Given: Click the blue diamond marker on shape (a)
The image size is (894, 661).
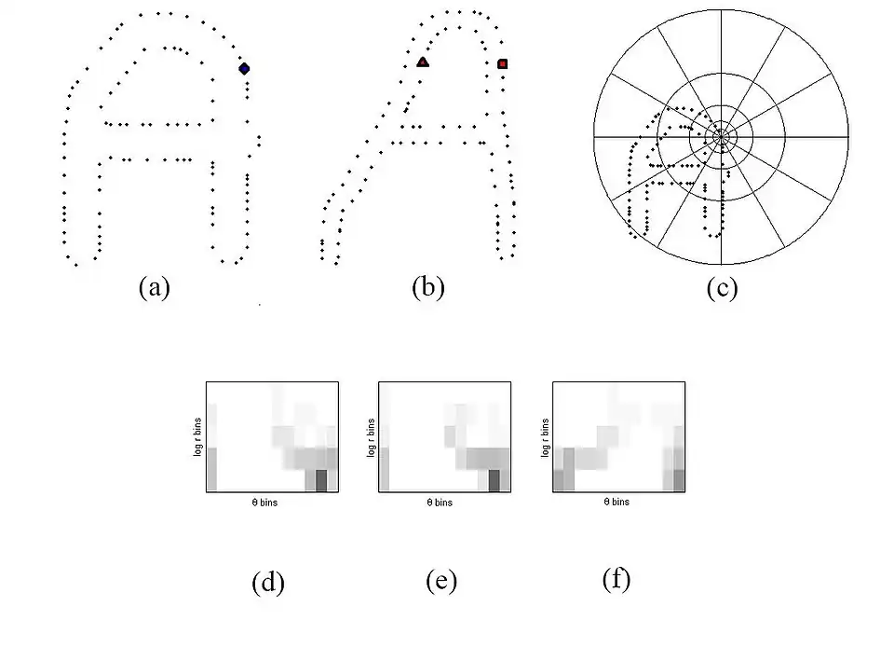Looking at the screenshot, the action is tap(244, 68).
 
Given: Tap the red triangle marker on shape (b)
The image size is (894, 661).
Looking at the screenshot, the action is tap(423, 62).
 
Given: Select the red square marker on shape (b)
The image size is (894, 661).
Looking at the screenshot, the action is tap(502, 64).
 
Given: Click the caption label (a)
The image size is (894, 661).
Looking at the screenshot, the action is tap(155, 287).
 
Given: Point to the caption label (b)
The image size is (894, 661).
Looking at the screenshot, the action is tap(428, 287).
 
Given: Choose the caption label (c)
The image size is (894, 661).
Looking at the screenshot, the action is tap(722, 288).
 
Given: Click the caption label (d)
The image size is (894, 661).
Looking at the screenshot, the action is tap(268, 583).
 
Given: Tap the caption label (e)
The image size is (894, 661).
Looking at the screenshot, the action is tap(441, 581).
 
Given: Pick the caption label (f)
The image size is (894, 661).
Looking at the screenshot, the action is tap(616, 579).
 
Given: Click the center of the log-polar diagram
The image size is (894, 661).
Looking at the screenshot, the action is tap(721, 137).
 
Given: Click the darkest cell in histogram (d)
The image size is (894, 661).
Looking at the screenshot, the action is tap(321, 481).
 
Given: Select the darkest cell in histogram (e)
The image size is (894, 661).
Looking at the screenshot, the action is tap(494, 481).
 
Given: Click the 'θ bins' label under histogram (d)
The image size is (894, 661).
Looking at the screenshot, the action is tap(264, 503).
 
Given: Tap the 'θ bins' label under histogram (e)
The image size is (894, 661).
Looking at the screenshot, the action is tap(440, 503).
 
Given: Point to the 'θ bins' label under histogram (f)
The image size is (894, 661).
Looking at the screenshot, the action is tap(616, 502).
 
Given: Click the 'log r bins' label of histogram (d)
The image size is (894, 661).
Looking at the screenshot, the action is tap(197, 437).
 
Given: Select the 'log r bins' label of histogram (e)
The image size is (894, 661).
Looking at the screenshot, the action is tap(372, 438).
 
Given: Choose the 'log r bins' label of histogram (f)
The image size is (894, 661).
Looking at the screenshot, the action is tap(545, 438).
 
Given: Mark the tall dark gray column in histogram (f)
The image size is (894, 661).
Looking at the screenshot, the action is tap(568, 469).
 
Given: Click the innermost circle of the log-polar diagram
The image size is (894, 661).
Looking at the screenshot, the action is tap(721, 137).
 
